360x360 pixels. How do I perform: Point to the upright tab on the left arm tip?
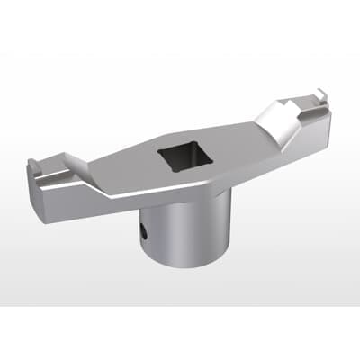coord(33,166)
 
